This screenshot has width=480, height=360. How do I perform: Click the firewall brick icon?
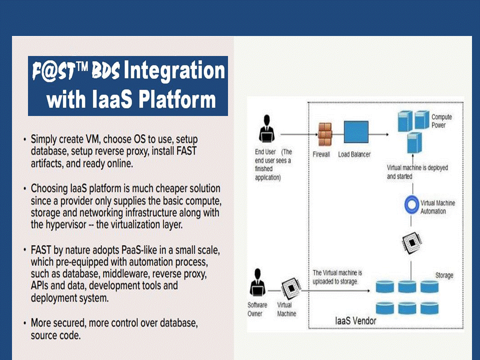325,134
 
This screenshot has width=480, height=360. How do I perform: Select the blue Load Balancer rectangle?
356,132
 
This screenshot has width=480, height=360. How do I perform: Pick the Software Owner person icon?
257,282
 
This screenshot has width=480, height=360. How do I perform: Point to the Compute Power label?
441,121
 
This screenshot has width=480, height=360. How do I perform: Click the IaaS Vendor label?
355,321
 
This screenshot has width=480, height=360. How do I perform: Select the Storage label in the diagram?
444,275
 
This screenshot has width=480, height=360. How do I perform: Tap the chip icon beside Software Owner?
291,288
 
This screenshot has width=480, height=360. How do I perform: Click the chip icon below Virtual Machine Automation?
412,243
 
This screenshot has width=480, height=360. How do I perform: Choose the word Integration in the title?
174,70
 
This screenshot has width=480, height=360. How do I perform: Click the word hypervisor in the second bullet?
66,225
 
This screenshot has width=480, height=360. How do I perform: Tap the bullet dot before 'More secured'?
24,323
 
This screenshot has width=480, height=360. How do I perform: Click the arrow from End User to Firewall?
299,134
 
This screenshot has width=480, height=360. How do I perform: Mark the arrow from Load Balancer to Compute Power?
378,134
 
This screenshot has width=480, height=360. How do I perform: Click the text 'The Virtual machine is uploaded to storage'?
337,277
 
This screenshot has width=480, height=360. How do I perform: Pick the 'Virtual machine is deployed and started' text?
417,171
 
